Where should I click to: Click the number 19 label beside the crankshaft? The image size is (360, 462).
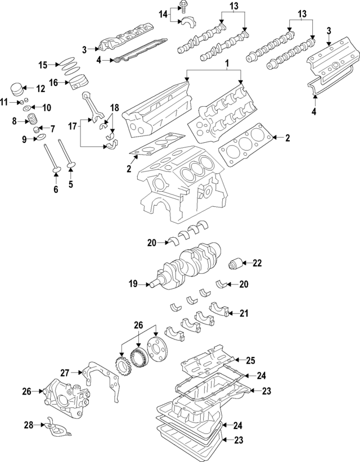pos(133,284)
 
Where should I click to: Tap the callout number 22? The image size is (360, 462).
pos(257,262)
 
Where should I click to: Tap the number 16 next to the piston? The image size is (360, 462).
pos(54,82)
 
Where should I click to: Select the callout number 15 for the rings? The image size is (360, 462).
pos(43,65)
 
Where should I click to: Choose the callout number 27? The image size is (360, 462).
pos(65,372)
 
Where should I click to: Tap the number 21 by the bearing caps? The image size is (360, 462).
pos(244,314)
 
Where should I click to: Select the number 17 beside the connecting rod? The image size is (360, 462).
pos(71,127)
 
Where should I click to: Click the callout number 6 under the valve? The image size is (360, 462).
pos(56,190)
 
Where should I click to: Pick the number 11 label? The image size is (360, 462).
pos(4,102)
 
